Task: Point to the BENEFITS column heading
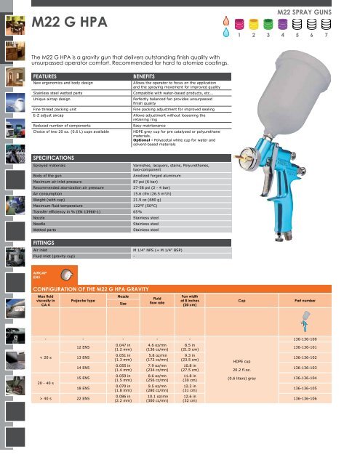(151, 75)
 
